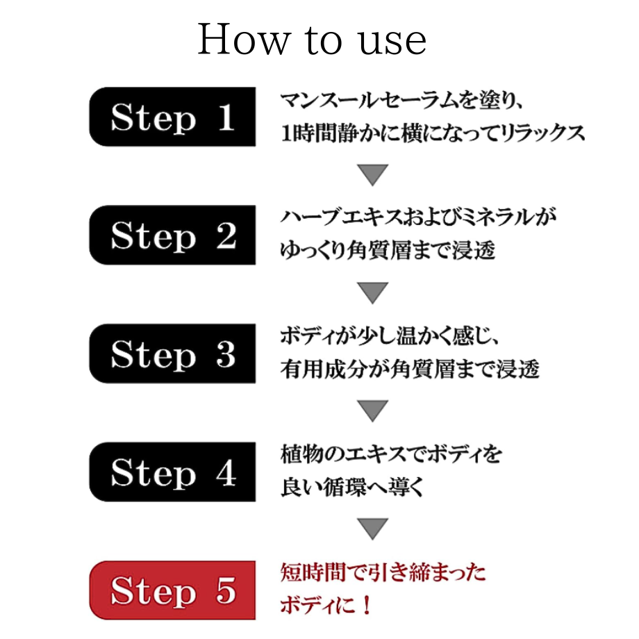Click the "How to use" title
(312, 40)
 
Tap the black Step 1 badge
(172, 117)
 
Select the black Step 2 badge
(172, 235)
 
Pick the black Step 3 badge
(172, 354)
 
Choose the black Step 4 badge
(172, 472)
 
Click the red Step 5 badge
(172, 590)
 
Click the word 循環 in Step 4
(351, 488)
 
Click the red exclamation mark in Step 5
(366, 606)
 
